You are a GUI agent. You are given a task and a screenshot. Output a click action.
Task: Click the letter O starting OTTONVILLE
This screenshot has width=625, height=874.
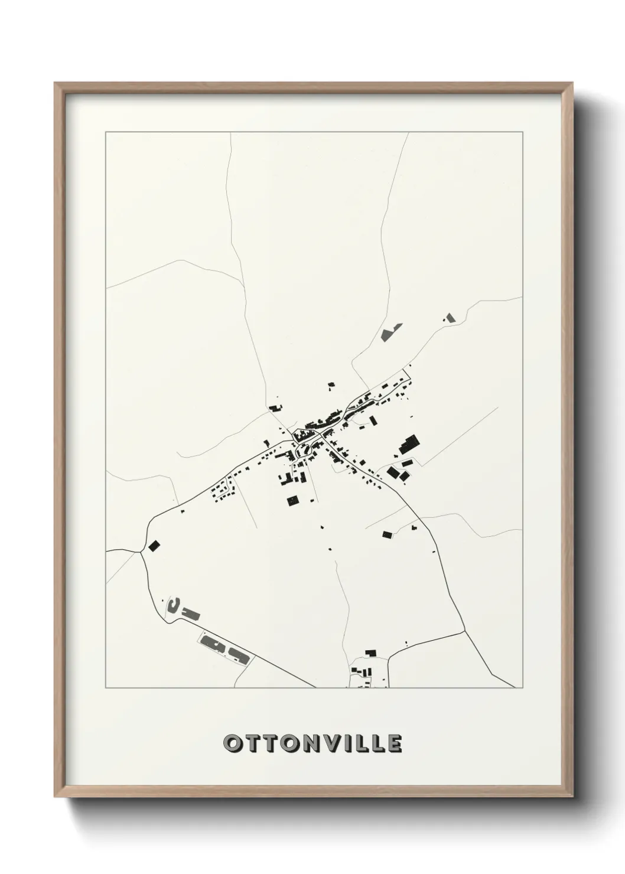[x=232, y=743]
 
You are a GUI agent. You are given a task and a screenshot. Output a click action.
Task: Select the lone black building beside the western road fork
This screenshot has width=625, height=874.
[x=155, y=545]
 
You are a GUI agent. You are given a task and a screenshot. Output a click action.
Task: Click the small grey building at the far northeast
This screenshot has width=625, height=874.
[x=451, y=318]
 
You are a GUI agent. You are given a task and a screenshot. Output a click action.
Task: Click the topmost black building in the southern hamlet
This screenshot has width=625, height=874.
[x=371, y=653]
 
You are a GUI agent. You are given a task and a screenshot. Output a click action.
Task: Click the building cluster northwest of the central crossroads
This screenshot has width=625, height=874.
[x=275, y=407]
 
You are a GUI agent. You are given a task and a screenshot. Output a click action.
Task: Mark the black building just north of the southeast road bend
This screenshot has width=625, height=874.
[x=388, y=534]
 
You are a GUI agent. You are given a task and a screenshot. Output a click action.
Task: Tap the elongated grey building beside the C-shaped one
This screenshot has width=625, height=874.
[x=191, y=613]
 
